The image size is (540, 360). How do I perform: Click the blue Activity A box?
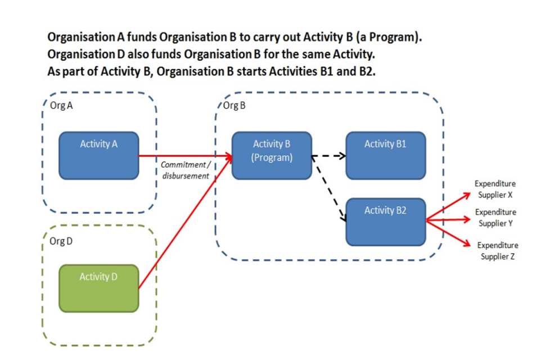(x=99, y=156)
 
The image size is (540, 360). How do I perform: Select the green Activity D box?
(x=99, y=289)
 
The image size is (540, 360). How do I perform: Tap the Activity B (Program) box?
(x=272, y=156)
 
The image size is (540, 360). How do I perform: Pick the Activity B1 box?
(x=386, y=156)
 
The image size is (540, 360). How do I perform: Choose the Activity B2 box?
(x=386, y=222)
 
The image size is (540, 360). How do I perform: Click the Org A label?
(x=61, y=105)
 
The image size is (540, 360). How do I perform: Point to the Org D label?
(x=61, y=241)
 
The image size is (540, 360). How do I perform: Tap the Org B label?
(x=234, y=105)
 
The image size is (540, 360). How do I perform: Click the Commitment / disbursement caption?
(x=185, y=170)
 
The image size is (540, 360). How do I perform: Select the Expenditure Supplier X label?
(x=495, y=189)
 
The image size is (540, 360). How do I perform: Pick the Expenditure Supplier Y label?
(x=496, y=218)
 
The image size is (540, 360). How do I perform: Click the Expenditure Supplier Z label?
(x=498, y=251)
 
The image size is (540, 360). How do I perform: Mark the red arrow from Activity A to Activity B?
(x=186, y=156)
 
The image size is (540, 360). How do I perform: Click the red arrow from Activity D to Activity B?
(x=185, y=223)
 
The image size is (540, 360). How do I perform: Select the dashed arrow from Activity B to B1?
(x=329, y=156)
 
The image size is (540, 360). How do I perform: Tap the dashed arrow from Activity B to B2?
(x=329, y=189)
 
